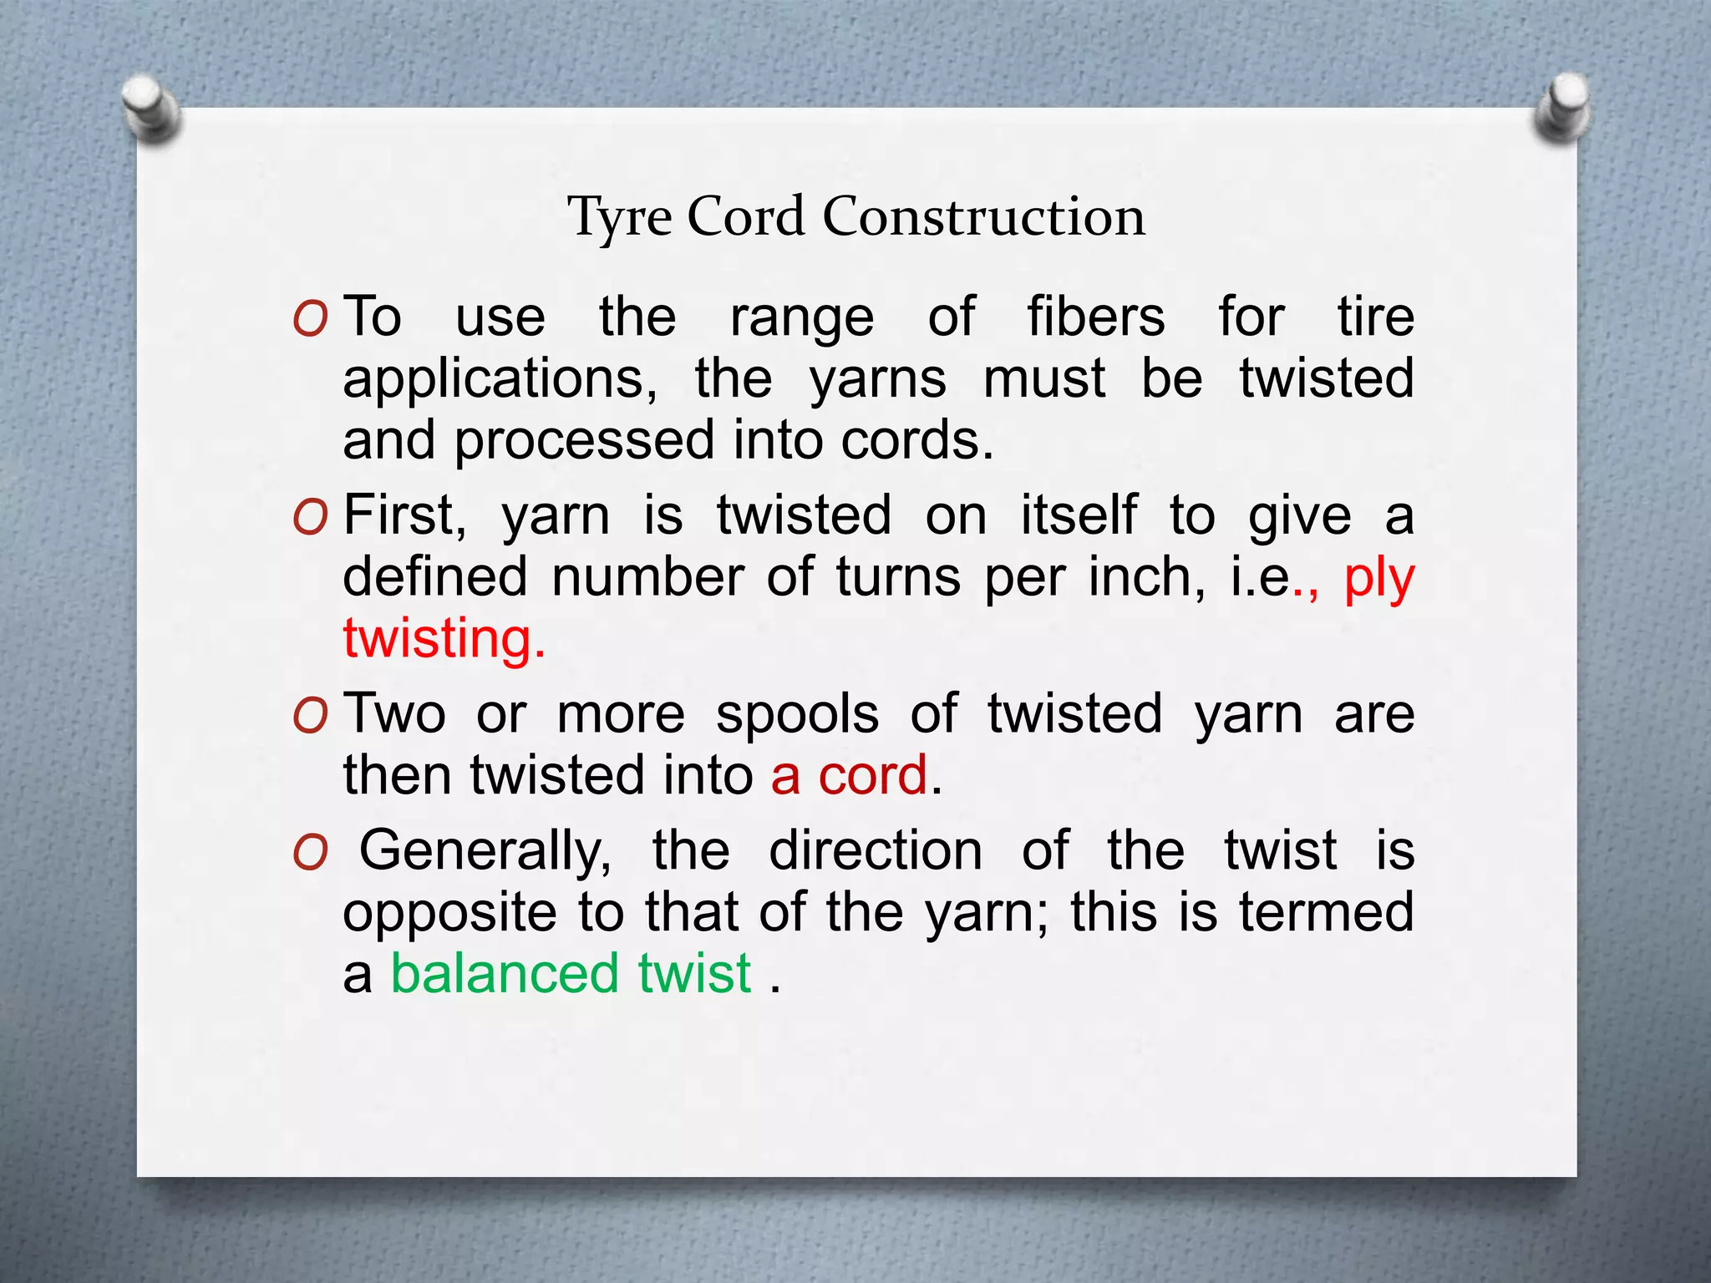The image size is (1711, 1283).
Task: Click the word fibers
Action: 1095,317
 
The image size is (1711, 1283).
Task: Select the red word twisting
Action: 444,640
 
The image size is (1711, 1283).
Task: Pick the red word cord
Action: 872,776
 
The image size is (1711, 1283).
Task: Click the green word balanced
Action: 505,974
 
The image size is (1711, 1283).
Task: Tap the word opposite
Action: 449,912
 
